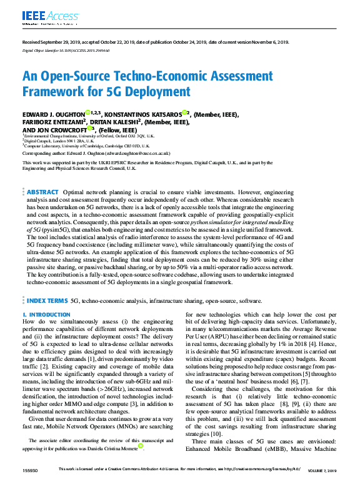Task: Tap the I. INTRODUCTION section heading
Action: click(x=46, y=315)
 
